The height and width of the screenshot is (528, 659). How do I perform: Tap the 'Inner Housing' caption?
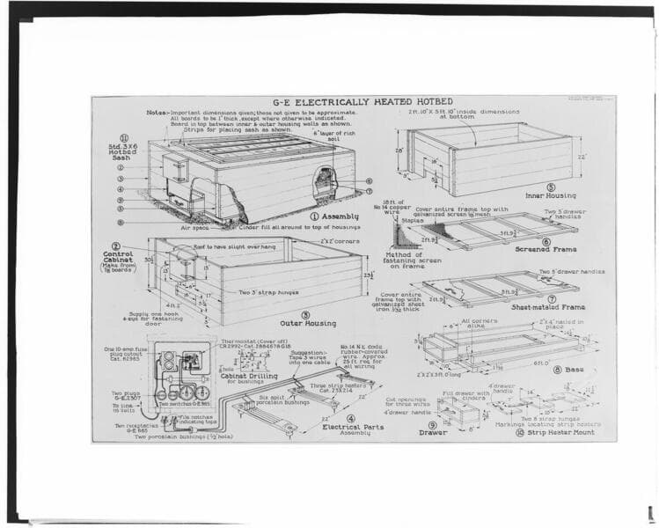[x=551, y=196]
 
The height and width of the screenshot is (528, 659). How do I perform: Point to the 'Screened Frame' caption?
[x=546, y=249]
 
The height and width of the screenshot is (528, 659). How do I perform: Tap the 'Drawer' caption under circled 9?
[x=433, y=432]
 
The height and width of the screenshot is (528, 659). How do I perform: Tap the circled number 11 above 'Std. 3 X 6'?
[x=124, y=137]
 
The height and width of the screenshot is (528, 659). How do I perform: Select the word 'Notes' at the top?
[x=157, y=113]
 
